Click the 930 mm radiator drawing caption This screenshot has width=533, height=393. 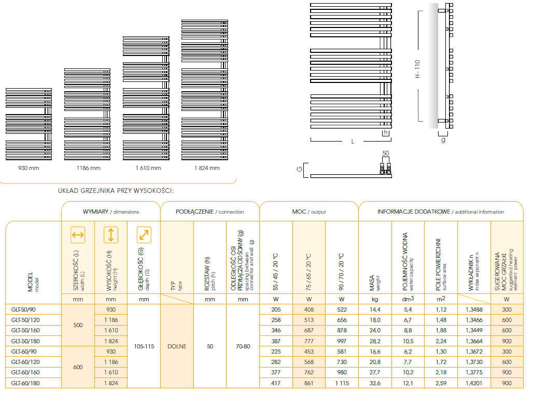[x=29, y=168]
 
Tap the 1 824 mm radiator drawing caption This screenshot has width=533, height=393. [x=207, y=168]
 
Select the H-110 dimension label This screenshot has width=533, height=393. [x=417, y=69]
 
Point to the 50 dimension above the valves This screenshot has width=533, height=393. [x=385, y=153]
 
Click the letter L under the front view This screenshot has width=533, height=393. [x=353, y=141]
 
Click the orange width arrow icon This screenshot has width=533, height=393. [x=78, y=235]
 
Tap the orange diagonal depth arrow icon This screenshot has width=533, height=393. [x=144, y=235]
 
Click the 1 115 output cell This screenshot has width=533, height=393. [x=342, y=383]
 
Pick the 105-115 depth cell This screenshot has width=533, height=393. [x=144, y=346]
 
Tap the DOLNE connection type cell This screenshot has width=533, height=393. [x=177, y=346]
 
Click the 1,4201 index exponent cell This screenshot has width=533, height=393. [x=474, y=383]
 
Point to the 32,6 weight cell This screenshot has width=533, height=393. [x=375, y=383]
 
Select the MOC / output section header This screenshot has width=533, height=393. [x=308, y=212]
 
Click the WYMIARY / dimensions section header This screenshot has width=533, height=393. [x=111, y=212]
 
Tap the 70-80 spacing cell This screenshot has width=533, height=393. [x=243, y=346]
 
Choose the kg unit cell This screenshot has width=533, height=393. [x=375, y=299]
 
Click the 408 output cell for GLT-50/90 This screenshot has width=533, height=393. [x=309, y=310]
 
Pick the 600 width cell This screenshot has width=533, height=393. [x=78, y=368]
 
